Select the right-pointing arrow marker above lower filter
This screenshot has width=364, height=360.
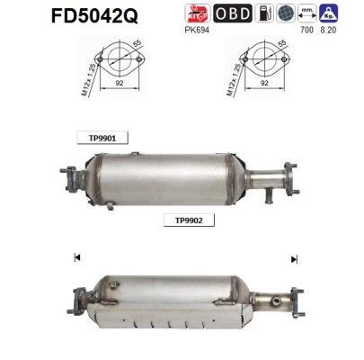click(x=293, y=258)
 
